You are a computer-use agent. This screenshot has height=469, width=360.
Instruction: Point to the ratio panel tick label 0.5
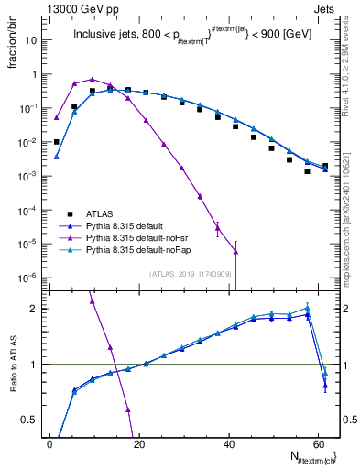click(x=32, y=420)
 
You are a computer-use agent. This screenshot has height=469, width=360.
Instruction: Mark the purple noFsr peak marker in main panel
click(x=92, y=79)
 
